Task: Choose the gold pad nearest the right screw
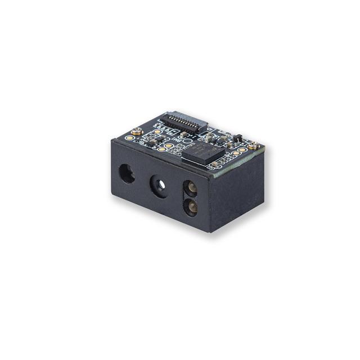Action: click(242, 150)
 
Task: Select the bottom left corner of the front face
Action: click(113, 193)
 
